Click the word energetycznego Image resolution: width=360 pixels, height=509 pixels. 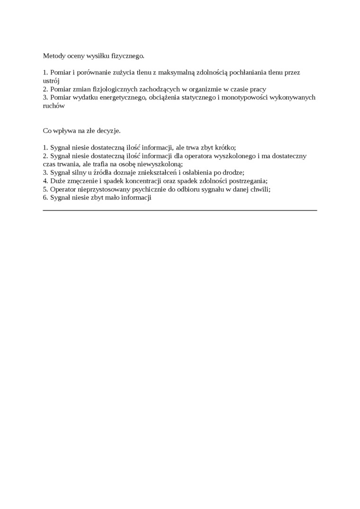click(x=122, y=98)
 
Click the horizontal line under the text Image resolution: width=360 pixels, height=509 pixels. click(x=180, y=210)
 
